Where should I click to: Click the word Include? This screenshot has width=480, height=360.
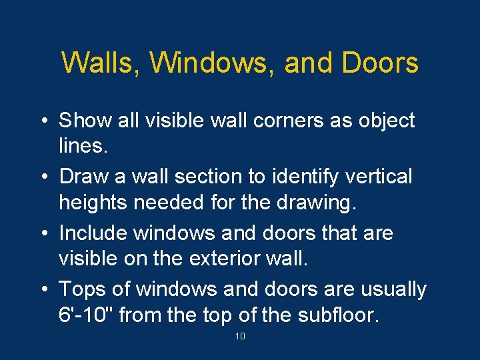(x=94, y=233)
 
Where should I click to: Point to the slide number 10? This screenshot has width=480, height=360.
(x=240, y=337)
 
